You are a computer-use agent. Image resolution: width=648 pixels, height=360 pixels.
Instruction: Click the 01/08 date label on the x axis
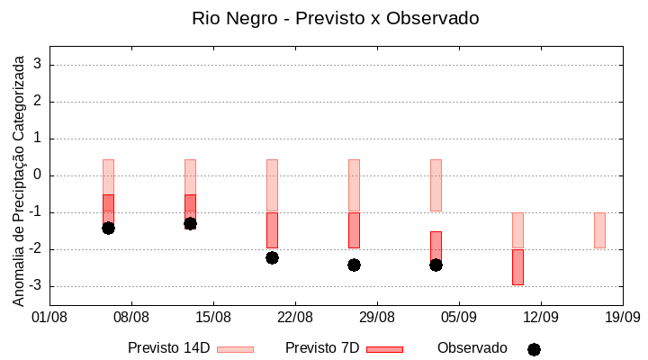49,317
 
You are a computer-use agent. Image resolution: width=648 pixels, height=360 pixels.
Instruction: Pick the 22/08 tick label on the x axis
295,317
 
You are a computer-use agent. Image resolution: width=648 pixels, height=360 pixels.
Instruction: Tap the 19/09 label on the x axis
622,317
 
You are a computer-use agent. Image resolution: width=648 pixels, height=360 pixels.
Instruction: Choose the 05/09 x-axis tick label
459,317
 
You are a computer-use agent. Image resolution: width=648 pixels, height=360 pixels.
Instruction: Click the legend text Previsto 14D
169,348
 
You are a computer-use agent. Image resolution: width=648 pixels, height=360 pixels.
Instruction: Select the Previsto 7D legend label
322,348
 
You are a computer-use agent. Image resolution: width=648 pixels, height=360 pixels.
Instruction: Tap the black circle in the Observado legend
534,349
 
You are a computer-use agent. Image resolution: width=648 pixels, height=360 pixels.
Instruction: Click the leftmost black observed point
108,228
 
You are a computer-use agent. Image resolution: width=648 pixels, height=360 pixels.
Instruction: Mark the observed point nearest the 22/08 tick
272,257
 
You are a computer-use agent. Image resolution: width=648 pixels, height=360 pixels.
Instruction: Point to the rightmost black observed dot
436,265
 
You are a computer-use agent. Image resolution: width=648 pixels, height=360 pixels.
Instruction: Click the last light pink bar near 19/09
599,230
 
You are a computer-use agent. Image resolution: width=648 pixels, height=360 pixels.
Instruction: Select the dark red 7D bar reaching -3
517,267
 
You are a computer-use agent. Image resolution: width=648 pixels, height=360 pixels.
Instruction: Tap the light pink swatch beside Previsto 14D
235,349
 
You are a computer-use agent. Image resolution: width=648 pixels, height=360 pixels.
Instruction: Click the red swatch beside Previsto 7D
384,349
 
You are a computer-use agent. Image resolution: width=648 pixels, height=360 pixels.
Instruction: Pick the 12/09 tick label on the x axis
541,317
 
